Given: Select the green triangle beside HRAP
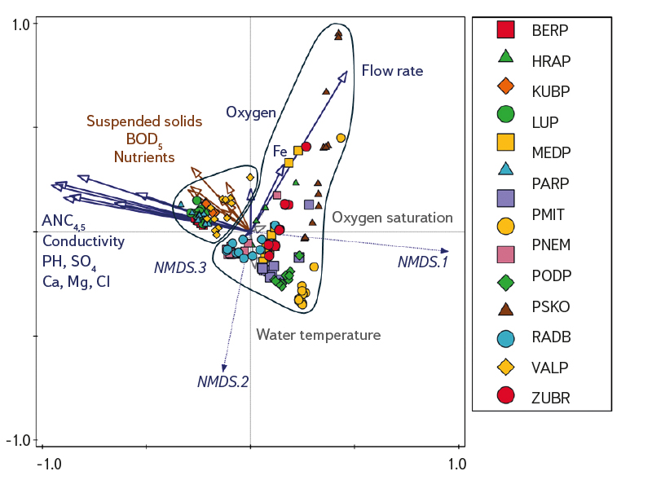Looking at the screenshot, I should pyautogui.click(x=505, y=56).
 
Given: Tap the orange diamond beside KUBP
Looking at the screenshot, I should pyautogui.click(x=505, y=85).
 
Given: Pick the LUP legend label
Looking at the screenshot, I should pyautogui.click(x=544, y=123).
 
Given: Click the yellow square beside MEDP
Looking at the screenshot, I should pyautogui.click(x=505, y=142).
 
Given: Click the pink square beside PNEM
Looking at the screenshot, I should pyautogui.click(x=505, y=245).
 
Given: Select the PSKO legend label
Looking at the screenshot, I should pyautogui.click(x=550, y=307).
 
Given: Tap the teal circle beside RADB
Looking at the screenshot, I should pyautogui.click(x=505, y=337).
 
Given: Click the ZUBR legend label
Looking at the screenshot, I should pyautogui.click(x=550, y=399).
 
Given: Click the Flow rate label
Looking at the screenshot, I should pyautogui.click(x=392, y=71).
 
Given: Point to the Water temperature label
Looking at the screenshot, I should pyautogui.click(x=318, y=335).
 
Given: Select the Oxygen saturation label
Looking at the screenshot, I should pyautogui.click(x=392, y=218).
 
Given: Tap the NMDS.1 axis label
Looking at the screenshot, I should pyautogui.click(x=423, y=262).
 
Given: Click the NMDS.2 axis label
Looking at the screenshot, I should pyautogui.click(x=222, y=381).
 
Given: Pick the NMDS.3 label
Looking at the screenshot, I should pyautogui.click(x=179, y=267).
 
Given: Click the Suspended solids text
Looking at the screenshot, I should pyautogui.click(x=144, y=121).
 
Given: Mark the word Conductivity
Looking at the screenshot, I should pyautogui.click(x=83, y=241).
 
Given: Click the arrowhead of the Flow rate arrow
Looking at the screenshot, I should pyautogui.click(x=345, y=74).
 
